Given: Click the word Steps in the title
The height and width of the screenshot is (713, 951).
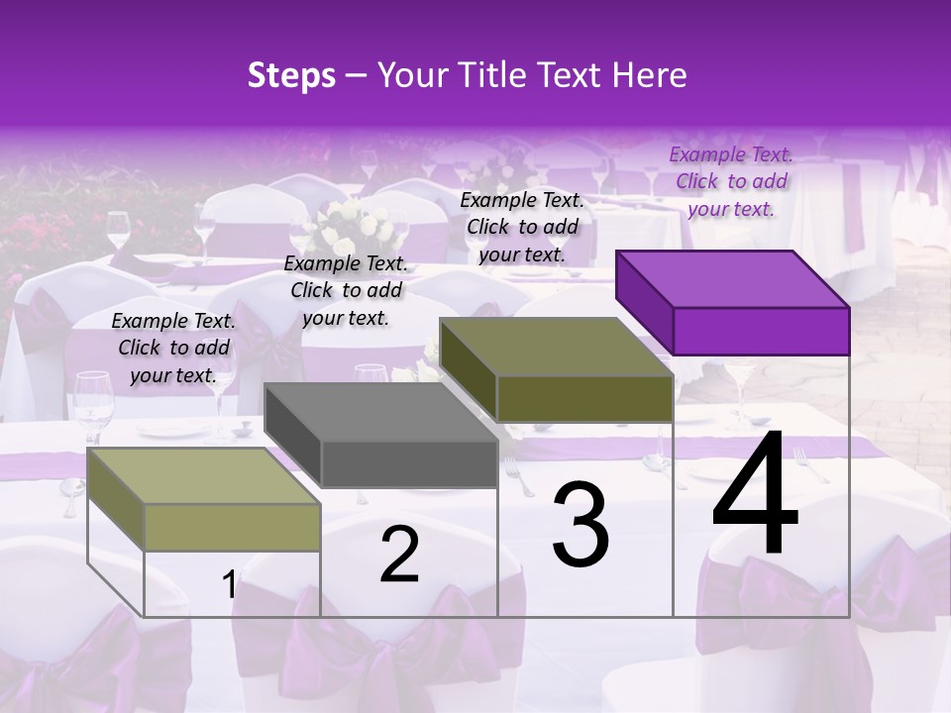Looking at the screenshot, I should pyautogui.click(x=291, y=75).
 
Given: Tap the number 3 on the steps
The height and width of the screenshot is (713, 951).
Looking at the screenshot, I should pyautogui.click(x=581, y=525).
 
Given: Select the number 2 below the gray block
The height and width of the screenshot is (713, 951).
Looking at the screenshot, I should pyautogui.click(x=399, y=555).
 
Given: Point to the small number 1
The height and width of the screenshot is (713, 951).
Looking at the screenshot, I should pyautogui.click(x=229, y=585).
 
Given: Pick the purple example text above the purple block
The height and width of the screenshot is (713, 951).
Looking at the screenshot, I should pyautogui.click(x=730, y=182).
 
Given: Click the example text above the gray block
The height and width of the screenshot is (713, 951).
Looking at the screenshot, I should pyautogui.click(x=346, y=291).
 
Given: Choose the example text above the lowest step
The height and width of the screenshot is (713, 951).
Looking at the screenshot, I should pyautogui.click(x=173, y=349).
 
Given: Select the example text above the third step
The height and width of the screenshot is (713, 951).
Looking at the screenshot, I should pyautogui.click(x=522, y=228).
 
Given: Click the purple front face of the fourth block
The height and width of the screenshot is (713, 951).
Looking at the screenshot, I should pyautogui.click(x=761, y=331).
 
